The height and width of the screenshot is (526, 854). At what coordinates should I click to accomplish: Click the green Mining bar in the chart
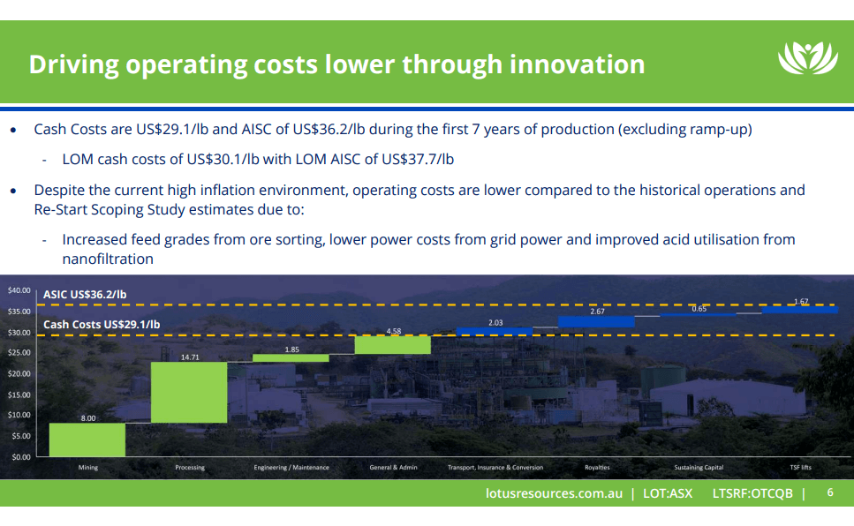87,440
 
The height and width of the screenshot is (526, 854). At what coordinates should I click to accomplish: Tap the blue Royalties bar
596,321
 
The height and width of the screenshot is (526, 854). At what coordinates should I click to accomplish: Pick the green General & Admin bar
393,344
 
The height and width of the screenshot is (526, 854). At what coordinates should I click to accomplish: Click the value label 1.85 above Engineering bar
291,349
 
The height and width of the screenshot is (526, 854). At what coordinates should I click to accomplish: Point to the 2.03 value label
495,323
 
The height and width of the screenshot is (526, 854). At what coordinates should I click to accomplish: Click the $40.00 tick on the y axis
19,290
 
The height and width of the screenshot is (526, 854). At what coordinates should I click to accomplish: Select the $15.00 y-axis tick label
19,394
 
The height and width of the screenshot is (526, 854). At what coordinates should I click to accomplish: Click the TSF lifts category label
800,467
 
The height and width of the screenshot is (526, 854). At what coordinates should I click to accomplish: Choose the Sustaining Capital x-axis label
698,467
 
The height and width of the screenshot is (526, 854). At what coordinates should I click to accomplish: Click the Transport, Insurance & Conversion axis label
495,467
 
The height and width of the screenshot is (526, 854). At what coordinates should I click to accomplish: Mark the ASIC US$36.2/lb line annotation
85,294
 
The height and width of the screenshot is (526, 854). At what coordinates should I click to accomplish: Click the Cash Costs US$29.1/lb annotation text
102,324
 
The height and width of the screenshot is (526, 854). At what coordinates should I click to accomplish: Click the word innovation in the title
565,64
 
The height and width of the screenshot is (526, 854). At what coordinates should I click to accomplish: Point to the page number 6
829,492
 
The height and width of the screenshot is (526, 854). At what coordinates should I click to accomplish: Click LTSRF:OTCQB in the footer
752,493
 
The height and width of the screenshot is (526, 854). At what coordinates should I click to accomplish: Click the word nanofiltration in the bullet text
108,259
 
